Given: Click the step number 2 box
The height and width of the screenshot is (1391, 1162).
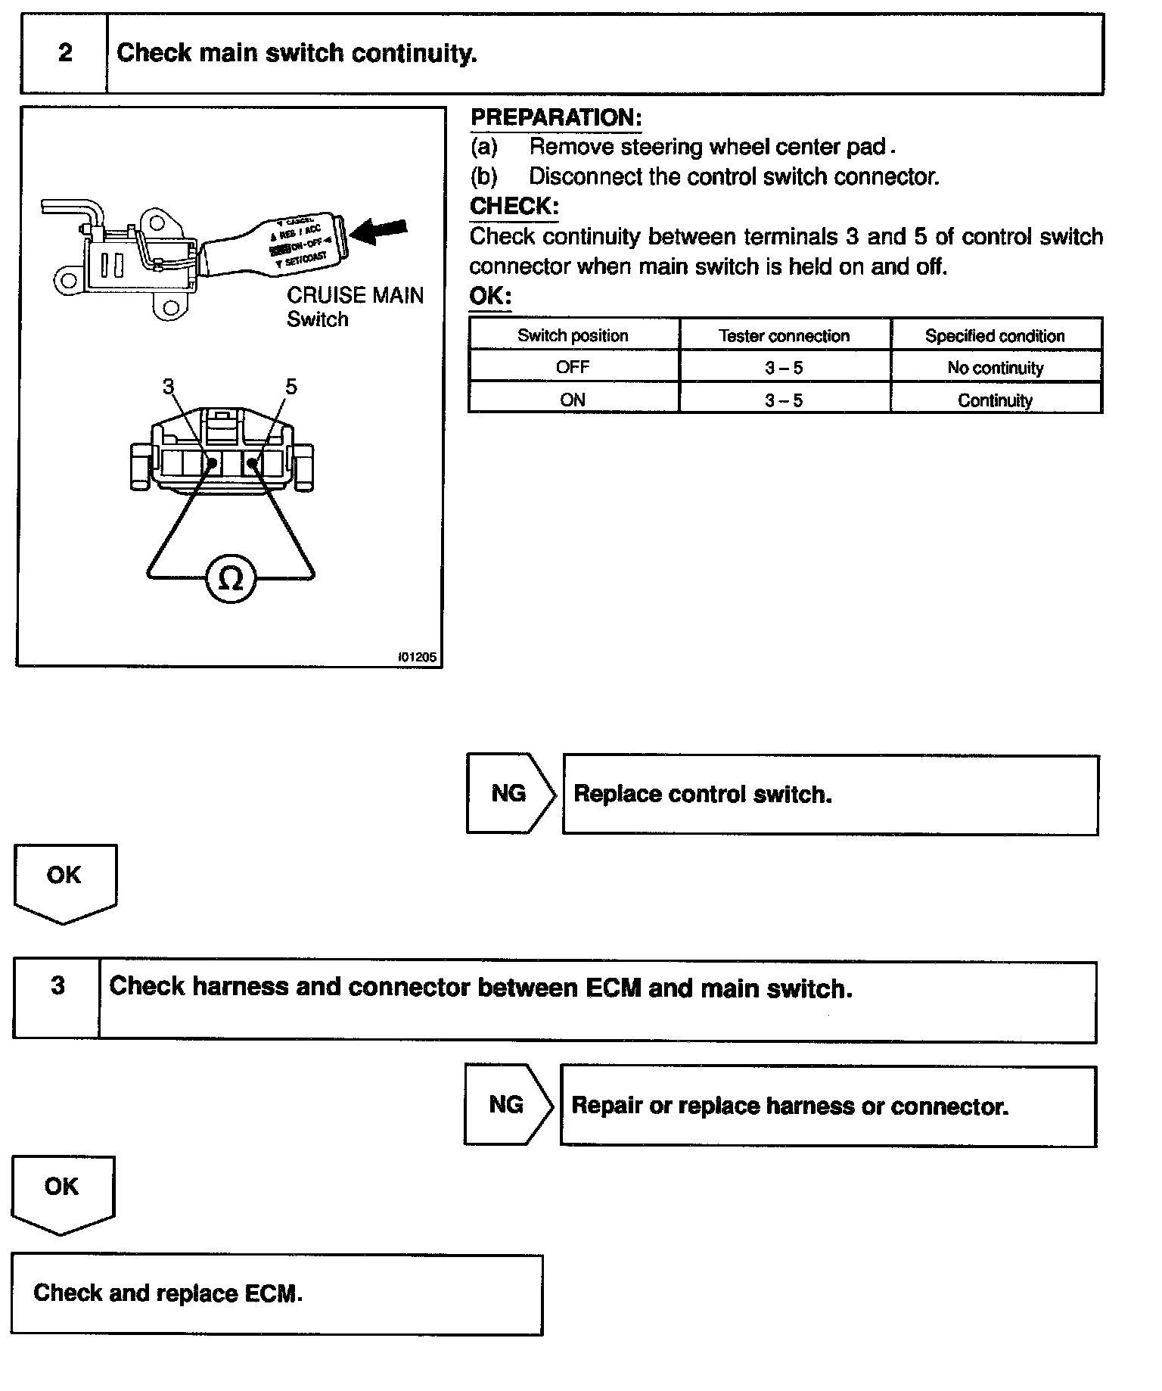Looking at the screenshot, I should click(x=65, y=54).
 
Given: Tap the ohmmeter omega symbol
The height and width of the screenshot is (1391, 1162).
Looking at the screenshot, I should click(x=230, y=580).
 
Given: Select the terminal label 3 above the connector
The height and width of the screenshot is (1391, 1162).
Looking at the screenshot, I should click(x=168, y=387).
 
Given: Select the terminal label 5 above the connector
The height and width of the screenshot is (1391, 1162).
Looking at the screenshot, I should click(x=291, y=387).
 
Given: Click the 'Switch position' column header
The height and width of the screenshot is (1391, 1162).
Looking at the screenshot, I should click(x=573, y=335).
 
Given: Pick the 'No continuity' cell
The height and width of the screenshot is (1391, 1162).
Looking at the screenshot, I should click(x=995, y=368).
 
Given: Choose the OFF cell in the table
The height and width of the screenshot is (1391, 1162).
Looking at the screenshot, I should click(x=573, y=368).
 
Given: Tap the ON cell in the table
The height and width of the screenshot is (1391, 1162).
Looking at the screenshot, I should click(x=573, y=400).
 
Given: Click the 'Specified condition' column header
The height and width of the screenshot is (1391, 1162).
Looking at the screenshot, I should click(x=995, y=335).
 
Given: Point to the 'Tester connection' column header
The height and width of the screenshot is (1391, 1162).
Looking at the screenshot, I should click(x=784, y=335).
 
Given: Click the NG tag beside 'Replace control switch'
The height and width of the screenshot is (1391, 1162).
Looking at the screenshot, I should click(x=508, y=793).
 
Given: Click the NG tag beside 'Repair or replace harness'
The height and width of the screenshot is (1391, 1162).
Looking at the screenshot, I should click(x=506, y=1105).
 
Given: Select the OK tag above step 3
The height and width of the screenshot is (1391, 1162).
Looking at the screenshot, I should click(x=64, y=876).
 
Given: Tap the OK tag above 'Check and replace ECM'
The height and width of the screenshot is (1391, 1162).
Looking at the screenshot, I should click(x=62, y=1187).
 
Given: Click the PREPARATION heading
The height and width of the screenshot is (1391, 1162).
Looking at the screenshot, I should click(x=556, y=118).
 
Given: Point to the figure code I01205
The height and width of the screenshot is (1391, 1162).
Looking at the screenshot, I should click(x=417, y=657).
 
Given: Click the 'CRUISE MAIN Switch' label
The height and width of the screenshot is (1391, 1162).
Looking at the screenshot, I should click(x=355, y=307).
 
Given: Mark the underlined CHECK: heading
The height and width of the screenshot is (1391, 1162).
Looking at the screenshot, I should click(x=514, y=206).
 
